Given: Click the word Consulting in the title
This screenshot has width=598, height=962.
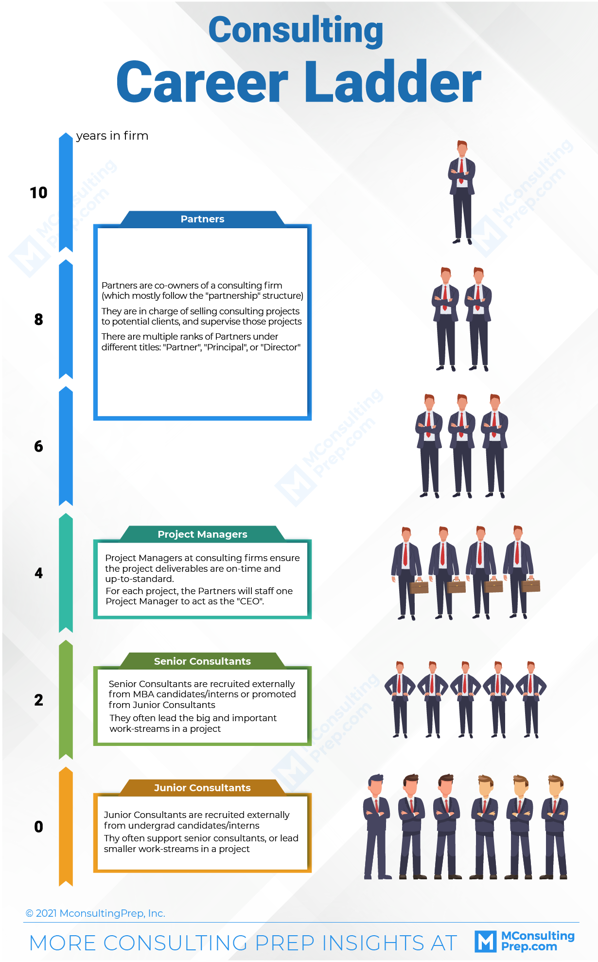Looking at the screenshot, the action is [296, 30].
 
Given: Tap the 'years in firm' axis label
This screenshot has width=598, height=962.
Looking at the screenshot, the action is [112, 136].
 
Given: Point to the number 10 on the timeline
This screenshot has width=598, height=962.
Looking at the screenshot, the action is [38, 193].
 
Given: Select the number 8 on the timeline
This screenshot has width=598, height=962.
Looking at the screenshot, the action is [38, 319].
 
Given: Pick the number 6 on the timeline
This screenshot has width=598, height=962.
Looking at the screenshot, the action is [38, 446].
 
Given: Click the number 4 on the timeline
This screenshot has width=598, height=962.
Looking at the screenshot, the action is [38, 573].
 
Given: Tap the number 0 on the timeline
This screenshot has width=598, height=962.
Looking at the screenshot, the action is [38, 827].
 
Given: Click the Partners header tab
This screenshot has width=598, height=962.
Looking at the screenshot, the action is [202, 218].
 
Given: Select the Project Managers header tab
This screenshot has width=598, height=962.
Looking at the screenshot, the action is [202, 534].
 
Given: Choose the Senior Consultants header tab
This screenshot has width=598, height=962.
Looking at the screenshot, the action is [202, 661].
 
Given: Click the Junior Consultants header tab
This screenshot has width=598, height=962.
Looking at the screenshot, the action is [202, 787].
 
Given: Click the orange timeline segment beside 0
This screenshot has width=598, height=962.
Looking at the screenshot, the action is [66, 827].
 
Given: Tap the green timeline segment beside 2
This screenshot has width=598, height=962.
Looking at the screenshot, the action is [66, 700].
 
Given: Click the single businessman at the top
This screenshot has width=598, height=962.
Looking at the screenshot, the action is [461, 192].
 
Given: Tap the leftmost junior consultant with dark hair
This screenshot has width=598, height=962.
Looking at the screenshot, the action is [377, 827].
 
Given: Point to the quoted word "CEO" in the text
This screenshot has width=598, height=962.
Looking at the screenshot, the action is [250, 601].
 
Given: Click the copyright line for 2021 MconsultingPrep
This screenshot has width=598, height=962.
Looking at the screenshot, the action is [95, 913].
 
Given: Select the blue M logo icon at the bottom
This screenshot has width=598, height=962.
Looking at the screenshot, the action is [486, 942].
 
